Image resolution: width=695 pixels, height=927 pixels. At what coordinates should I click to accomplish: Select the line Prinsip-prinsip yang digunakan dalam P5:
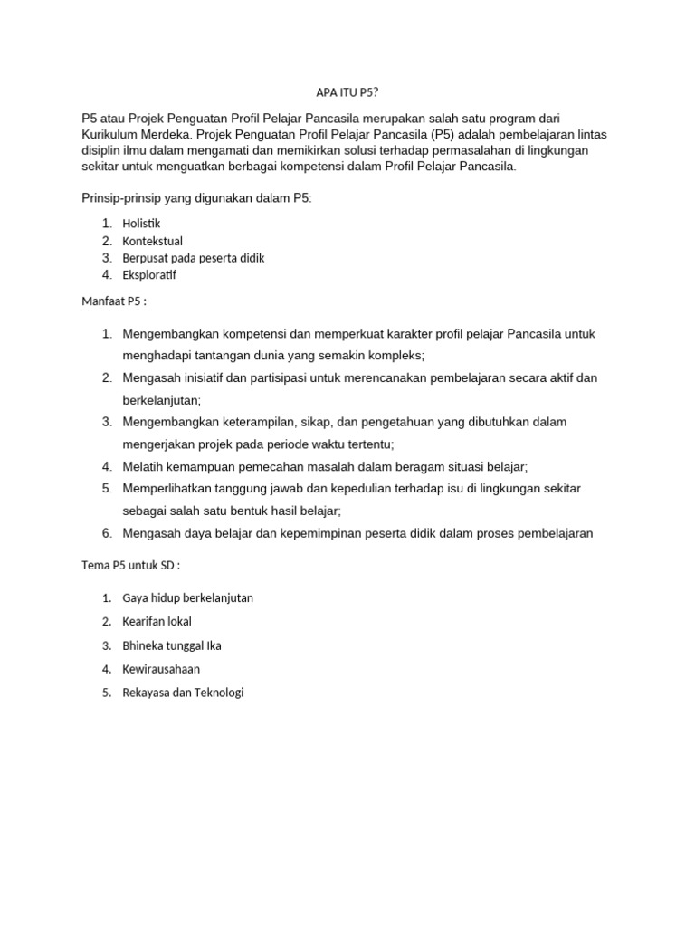(196, 198)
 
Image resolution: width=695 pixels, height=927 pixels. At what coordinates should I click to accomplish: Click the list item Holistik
(143, 223)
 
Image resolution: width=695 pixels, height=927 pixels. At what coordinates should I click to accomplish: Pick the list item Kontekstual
(152, 241)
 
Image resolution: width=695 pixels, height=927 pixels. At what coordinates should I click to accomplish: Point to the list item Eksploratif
(150, 275)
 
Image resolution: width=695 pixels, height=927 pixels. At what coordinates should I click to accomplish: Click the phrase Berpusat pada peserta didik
(194, 258)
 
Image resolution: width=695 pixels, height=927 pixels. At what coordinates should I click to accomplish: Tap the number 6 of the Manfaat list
(106, 533)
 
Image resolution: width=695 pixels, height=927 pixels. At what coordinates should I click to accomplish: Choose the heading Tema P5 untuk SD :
(131, 566)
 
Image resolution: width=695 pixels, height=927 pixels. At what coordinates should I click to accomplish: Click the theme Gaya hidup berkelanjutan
(188, 598)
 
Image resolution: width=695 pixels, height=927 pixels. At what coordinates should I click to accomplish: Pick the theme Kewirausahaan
(162, 669)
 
